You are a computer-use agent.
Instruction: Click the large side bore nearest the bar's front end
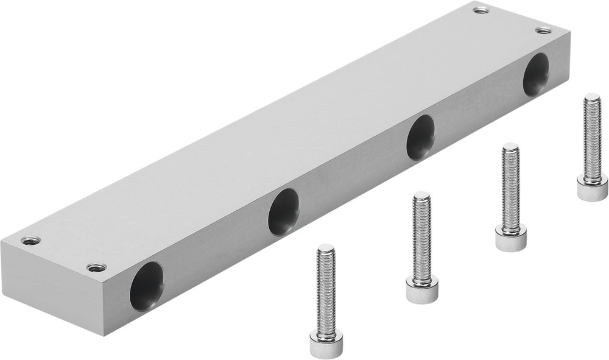(x=146, y=286)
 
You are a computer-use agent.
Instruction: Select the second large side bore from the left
(x=283, y=211)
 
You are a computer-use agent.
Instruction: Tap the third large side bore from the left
(x=421, y=137)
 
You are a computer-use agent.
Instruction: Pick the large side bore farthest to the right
(x=536, y=74)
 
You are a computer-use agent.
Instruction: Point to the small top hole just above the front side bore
(x=96, y=267)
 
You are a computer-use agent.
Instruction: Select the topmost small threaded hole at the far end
(x=481, y=10)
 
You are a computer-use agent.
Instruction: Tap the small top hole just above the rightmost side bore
(x=543, y=30)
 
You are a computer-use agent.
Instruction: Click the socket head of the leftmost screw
(x=326, y=345)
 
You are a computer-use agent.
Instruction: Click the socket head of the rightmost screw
(x=592, y=189)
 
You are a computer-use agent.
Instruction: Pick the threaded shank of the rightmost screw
(x=592, y=137)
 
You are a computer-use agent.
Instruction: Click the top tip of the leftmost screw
(x=326, y=248)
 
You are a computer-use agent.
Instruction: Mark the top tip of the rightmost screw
(x=592, y=97)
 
